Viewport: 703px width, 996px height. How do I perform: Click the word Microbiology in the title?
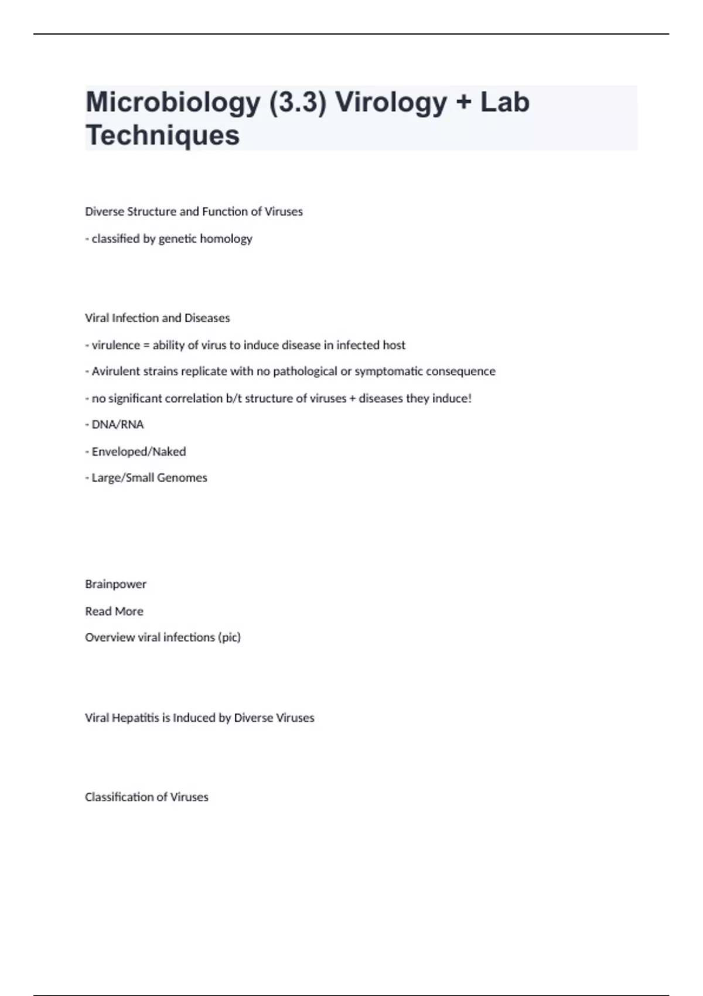[173, 103]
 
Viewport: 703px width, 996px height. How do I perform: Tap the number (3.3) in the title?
[297, 103]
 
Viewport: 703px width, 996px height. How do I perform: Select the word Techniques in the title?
[162, 135]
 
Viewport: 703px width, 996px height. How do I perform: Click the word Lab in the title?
[505, 103]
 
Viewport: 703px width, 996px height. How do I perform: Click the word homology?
[226, 239]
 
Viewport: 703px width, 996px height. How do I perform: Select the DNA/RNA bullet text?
[117, 425]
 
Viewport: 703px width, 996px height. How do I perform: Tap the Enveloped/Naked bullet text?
[138, 452]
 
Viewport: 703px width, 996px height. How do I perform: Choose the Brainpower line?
[115, 584]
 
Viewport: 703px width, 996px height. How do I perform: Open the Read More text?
[114, 611]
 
